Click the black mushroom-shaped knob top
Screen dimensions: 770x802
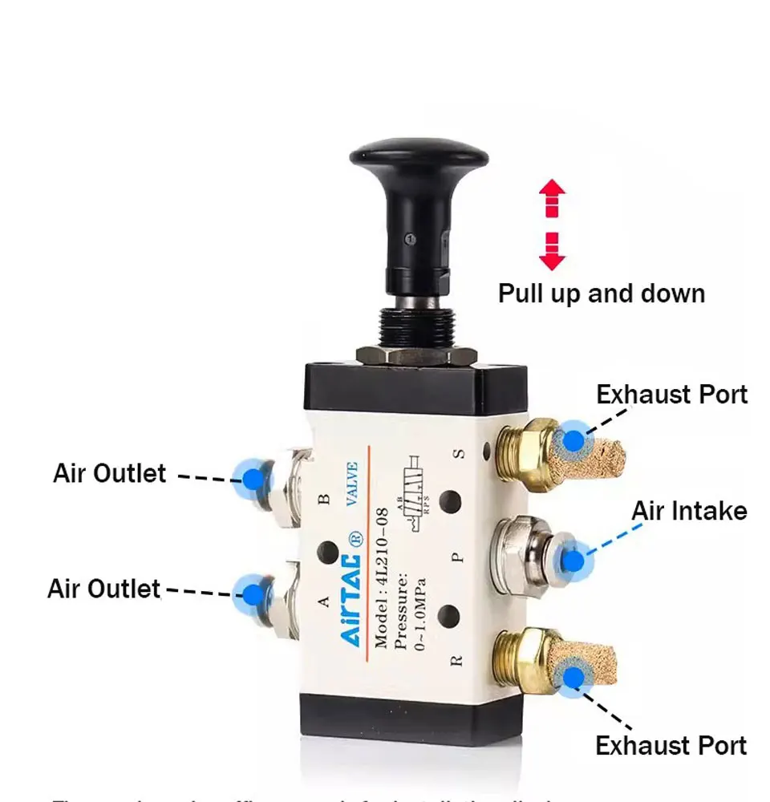pos(418,153)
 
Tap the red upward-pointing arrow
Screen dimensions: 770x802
pos(552,197)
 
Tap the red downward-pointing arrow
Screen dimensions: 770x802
pos(552,251)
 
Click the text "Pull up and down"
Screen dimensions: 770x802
pos(602,293)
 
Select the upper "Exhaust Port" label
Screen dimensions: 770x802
pos(671,395)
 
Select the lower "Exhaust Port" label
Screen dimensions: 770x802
pos(671,745)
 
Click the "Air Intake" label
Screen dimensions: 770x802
pos(689,511)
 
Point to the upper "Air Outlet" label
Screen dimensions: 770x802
pos(109,473)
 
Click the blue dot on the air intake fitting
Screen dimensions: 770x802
pos(572,560)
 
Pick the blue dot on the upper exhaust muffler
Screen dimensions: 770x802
pos(573,440)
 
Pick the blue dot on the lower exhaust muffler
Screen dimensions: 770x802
pos(572,676)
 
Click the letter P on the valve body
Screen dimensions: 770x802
pos(458,557)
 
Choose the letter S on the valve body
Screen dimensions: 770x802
pos(459,453)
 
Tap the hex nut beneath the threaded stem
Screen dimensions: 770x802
pos(405,354)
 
